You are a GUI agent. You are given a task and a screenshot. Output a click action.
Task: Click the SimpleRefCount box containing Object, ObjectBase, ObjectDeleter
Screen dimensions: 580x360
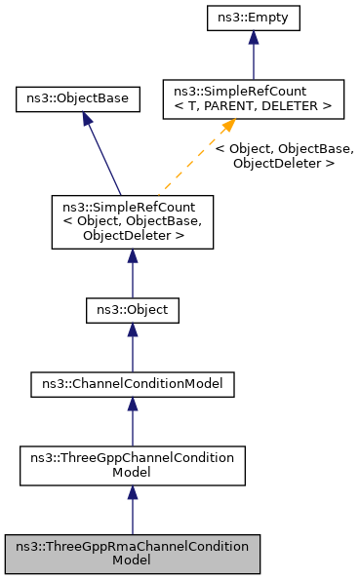pyautogui.click(x=132, y=221)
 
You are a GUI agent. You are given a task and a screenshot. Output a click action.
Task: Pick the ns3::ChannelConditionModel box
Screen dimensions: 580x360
pyautogui.click(x=132, y=384)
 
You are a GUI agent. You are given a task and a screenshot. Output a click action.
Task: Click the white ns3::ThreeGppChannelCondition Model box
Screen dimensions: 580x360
pyautogui.click(x=132, y=465)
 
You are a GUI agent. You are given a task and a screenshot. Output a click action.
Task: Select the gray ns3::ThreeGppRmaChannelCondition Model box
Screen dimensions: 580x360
pyautogui.click(x=132, y=553)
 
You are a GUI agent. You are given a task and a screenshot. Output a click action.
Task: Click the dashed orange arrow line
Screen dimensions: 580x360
pyautogui.click(x=190, y=161)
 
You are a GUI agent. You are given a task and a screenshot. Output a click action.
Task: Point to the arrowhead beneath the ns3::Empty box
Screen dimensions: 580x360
pyautogui.click(x=253, y=38)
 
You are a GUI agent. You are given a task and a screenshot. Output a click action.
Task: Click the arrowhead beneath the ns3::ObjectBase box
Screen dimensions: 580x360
pyautogui.click(x=87, y=119)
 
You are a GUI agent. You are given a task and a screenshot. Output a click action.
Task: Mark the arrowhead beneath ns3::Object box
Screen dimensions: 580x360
pyautogui.click(x=132, y=334)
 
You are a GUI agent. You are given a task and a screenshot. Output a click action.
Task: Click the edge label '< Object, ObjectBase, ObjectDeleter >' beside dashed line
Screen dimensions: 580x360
pyautogui.click(x=284, y=156)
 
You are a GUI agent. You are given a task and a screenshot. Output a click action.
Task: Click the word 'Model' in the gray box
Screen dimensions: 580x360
pyautogui.click(x=132, y=561)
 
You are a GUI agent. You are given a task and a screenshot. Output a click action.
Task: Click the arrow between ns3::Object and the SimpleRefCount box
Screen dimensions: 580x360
pyautogui.click(x=132, y=273)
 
